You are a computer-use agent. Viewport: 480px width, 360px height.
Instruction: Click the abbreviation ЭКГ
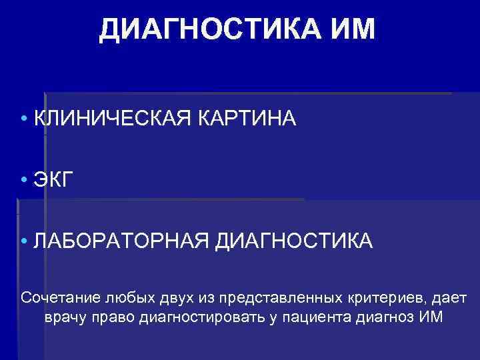[x=51, y=180]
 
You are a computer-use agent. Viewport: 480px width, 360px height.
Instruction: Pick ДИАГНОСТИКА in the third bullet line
[x=294, y=241]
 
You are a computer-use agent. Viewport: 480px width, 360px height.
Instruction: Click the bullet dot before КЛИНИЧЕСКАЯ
[x=24, y=119]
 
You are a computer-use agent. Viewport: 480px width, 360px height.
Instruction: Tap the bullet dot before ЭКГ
[x=24, y=181]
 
